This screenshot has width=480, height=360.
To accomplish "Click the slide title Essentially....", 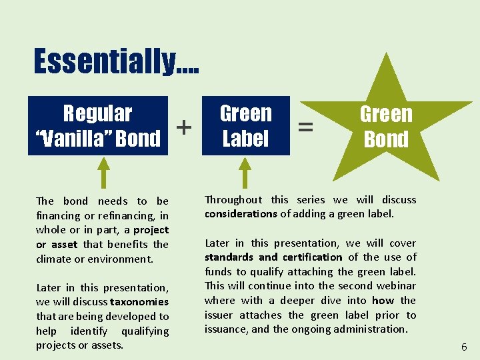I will [115, 61].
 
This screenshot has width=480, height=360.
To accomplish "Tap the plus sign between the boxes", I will [184, 127].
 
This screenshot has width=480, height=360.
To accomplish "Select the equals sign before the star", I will [305, 126].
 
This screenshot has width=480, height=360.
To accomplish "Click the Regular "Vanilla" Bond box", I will [98, 126].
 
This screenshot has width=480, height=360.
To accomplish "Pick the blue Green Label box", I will [245, 126].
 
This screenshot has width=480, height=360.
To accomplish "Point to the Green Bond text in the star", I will [386, 127].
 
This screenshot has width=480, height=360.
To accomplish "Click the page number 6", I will [464, 347].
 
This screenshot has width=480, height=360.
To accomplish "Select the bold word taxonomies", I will [140, 302].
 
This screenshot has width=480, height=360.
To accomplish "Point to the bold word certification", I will [312, 257].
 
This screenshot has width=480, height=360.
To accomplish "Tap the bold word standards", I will [229, 257].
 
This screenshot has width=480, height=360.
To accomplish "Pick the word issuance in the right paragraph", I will [226, 329].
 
